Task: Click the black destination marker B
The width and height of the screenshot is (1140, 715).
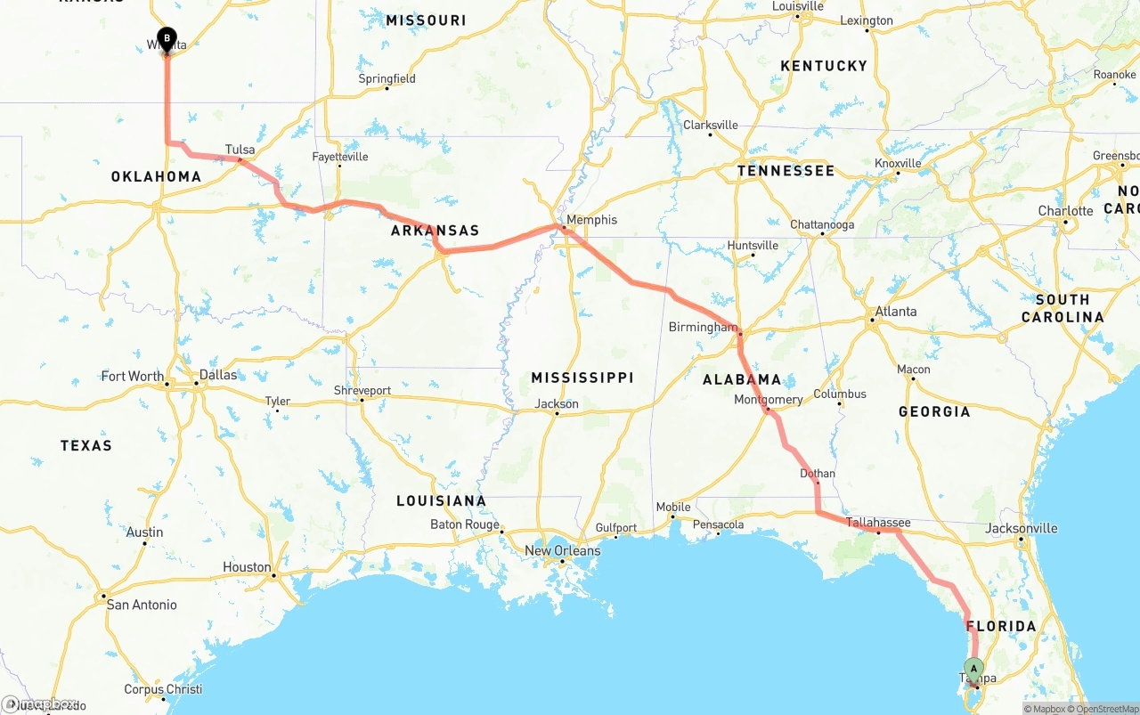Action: coord(167,39)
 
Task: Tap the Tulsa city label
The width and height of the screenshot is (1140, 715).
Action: coord(240,150)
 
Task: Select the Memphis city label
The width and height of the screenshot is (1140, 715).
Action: coord(591,220)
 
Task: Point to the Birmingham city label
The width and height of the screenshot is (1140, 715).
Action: coord(703,328)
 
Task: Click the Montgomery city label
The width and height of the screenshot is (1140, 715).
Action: coord(768,400)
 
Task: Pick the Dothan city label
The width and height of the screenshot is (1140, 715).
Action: coord(818,474)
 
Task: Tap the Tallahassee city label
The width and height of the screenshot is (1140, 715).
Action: coord(878,523)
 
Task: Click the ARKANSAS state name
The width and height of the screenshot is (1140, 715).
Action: coord(435,231)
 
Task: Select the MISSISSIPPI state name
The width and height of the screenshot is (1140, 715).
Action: coord(582,378)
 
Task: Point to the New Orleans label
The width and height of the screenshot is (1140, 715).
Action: coord(562,550)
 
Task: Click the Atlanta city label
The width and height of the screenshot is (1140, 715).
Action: coord(895,312)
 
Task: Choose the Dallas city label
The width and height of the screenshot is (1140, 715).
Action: coord(218,375)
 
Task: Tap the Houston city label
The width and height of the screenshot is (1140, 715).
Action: coord(247,567)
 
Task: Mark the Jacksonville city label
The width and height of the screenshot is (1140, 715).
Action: coord(1022,528)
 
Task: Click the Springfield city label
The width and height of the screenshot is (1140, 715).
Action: coord(387,78)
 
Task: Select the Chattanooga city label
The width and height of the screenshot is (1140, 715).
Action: coord(822,225)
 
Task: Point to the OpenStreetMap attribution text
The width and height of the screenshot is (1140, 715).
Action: coord(1104,709)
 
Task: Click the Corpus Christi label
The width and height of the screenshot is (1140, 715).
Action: coord(163,689)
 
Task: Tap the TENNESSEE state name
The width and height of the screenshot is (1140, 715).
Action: coord(786,171)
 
